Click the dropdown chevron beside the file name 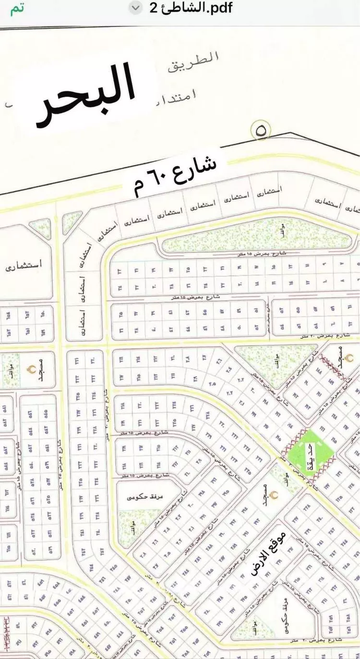tap(137, 9)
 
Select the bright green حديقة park tap(311, 451)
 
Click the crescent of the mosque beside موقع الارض tap(274, 494)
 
